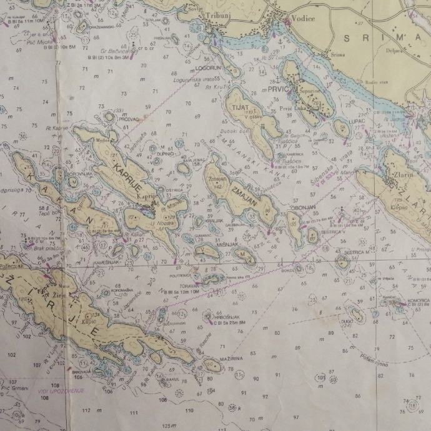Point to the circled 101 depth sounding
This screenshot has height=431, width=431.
pyautogui.click(x=320, y=379)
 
